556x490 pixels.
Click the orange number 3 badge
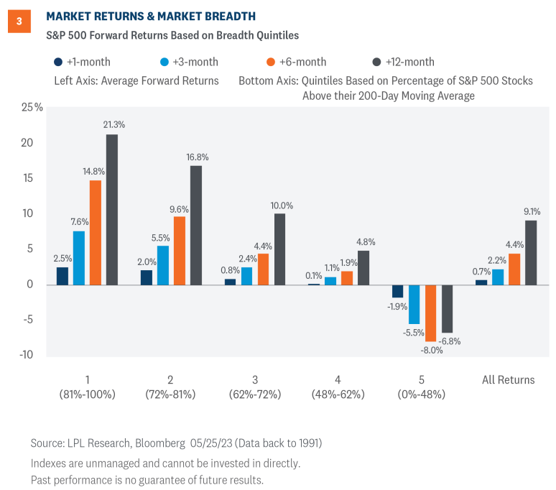19,22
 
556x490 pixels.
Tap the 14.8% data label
93,172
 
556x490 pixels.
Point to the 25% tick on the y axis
32,107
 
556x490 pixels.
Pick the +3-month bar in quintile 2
163,265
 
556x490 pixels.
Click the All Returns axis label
508,379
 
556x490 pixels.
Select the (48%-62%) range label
338,394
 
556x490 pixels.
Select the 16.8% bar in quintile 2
196,225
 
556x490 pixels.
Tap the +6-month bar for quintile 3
263,269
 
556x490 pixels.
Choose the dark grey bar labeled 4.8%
364,267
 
